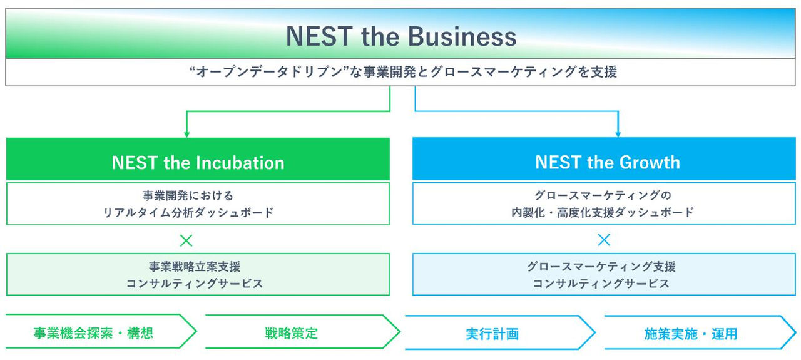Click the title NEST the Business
click(x=401, y=36)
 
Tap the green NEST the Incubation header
click(x=198, y=163)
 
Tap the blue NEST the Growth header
click(x=607, y=163)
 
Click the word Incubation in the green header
click(x=241, y=163)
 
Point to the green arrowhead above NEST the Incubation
click(x=186, y=133)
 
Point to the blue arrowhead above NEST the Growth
click(x=618, y=133)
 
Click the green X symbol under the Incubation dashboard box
click(x=186, y=240)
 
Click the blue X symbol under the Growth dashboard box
click(x=603, y=240)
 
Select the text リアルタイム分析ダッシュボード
click(x=188, y=212)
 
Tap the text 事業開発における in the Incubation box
click(x=188, y=195)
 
